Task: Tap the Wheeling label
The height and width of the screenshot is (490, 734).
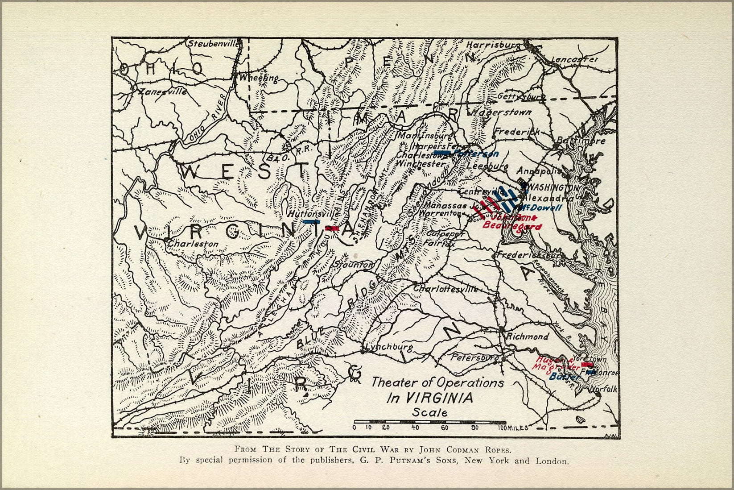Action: coord(259,78)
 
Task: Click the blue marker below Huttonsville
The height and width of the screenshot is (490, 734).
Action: coord(312,221)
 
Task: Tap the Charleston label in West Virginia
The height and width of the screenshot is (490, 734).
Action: coord(193,244)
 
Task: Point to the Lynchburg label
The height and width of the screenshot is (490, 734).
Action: coord(389,347)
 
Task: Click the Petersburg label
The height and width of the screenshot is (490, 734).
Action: coord(475,357)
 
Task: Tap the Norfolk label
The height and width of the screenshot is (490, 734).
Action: coord(605,389)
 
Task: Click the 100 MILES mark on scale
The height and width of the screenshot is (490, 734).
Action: coord(510,428)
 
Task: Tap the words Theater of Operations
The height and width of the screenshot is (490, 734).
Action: coord(437,382)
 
